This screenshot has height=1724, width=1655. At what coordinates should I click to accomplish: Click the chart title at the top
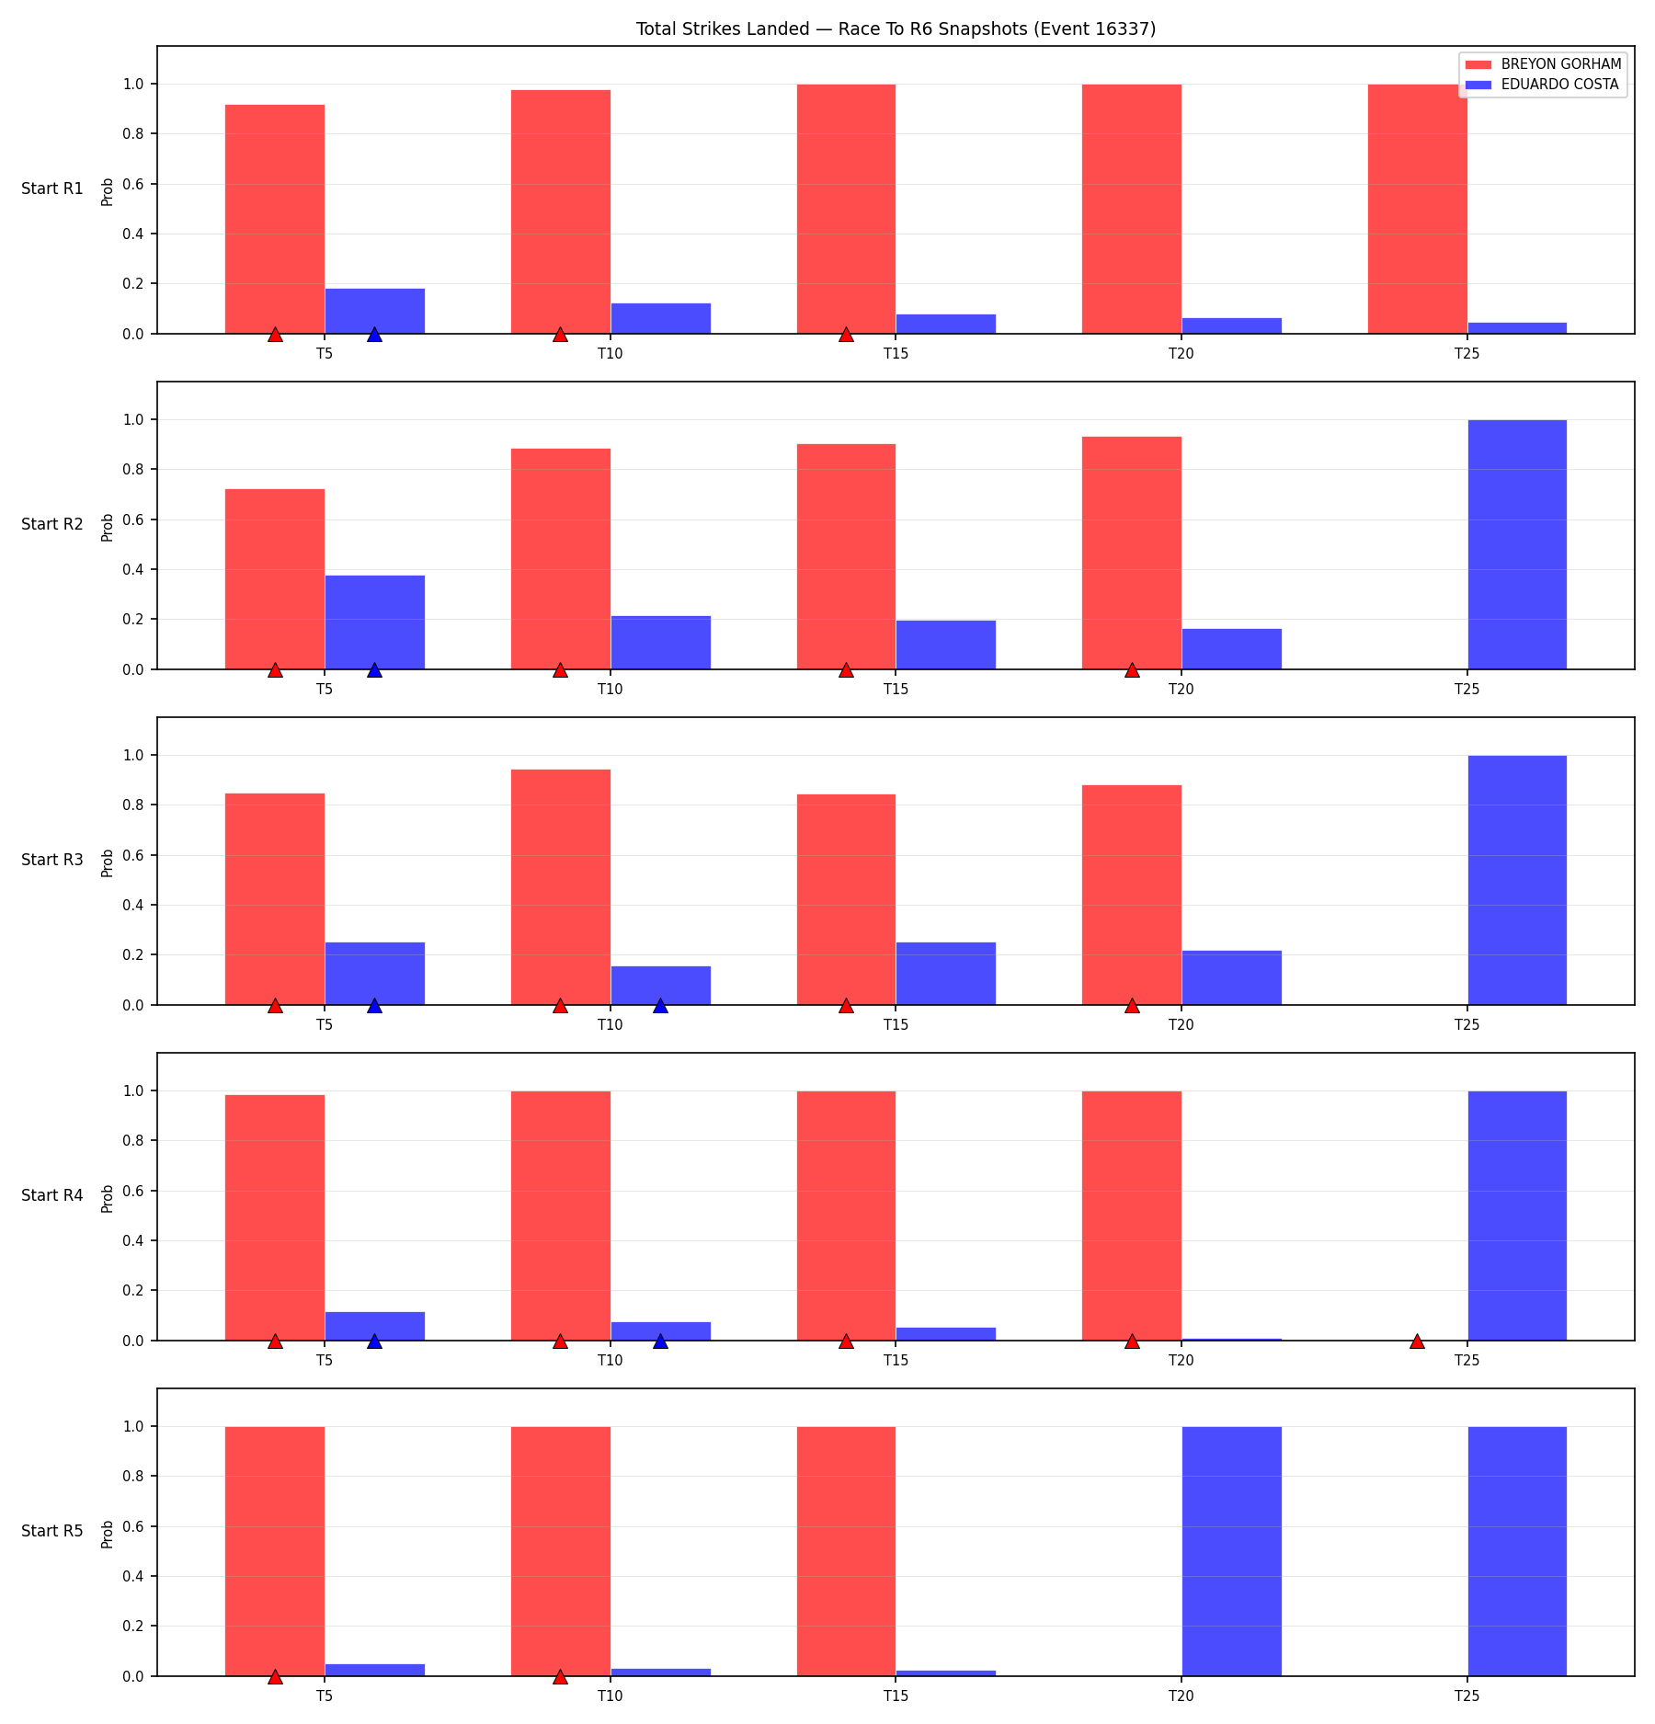coord(896,29)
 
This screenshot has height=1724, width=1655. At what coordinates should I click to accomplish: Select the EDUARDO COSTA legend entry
coord(1542,85)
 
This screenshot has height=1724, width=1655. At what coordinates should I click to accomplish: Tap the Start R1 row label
coord(52,188)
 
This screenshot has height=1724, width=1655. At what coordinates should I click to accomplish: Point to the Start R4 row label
coord(52,1195)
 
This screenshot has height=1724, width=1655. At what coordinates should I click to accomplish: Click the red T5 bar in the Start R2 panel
coord(275,579)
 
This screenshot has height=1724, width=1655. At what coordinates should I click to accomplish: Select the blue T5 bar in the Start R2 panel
coord(375,622)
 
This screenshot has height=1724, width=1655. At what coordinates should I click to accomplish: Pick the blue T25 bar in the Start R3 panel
coord(1517,880)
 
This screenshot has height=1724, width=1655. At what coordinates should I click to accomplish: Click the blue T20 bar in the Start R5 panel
coord(1232,1551)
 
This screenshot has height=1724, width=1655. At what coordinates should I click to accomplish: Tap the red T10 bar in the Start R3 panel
coord(561,887)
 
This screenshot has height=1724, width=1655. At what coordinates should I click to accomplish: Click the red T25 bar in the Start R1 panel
coord(1418,209)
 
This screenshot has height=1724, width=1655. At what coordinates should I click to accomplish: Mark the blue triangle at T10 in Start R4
coord(660,1341)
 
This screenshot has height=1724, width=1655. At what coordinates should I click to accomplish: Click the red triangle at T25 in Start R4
coord(1417,1341)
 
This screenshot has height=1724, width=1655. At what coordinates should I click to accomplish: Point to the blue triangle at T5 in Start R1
coord(374,334)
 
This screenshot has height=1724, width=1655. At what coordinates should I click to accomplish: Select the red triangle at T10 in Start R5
coord(560,1676)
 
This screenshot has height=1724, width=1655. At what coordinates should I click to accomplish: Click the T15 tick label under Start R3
coord(896,1025)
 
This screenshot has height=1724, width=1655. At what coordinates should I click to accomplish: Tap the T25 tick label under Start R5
coord(1467,1696)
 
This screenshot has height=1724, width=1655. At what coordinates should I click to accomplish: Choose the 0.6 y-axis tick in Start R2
coord(134,519)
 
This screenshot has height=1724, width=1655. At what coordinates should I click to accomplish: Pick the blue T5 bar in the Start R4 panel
coord(375,1327)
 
